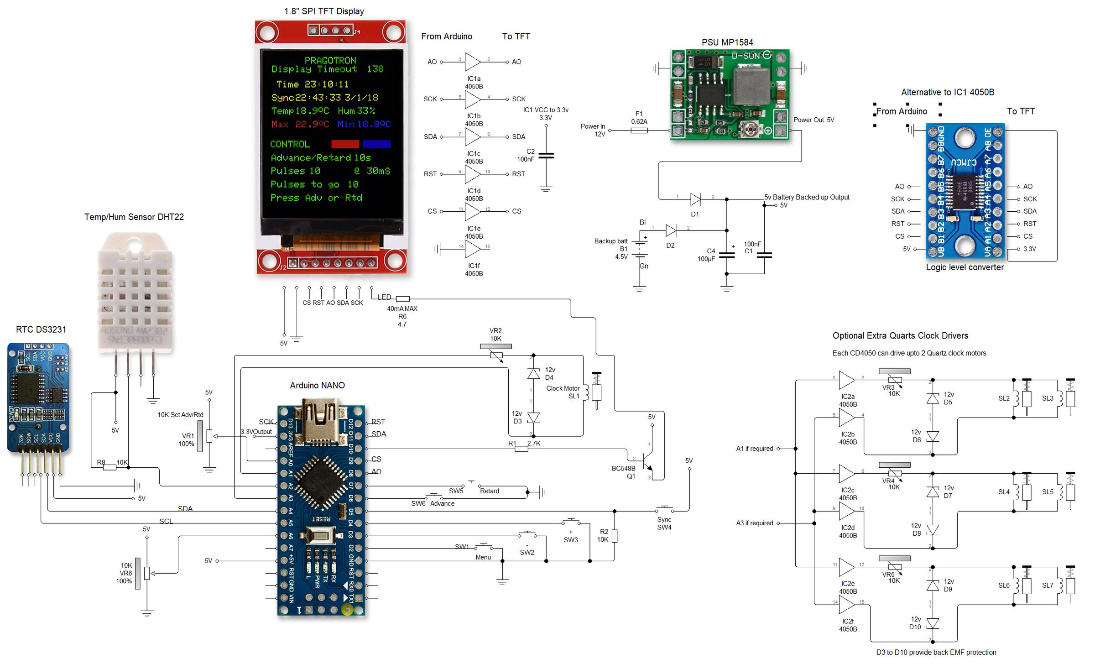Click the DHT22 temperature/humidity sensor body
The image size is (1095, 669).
coord(135,292)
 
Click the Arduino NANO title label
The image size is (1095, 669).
coord(317,385)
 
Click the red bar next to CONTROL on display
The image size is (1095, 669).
coord(345,144)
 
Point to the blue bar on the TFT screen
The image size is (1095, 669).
coord(377,144)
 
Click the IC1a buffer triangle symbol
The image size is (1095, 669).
coord(473,62)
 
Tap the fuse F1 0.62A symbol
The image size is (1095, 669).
coord(639,131)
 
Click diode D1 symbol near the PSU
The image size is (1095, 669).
coord(695,199)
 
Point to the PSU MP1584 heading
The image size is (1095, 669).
coord(727,42)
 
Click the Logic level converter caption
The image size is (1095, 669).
coord(965,267)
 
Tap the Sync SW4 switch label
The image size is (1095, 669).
coord(664,523)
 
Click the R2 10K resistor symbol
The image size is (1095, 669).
coord(615,536)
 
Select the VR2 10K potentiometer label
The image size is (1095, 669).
coord(495,334)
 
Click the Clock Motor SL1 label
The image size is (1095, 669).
coord(563,392)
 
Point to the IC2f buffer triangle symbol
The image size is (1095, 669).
coord(847,605)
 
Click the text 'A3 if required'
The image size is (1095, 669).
coord(755,523)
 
